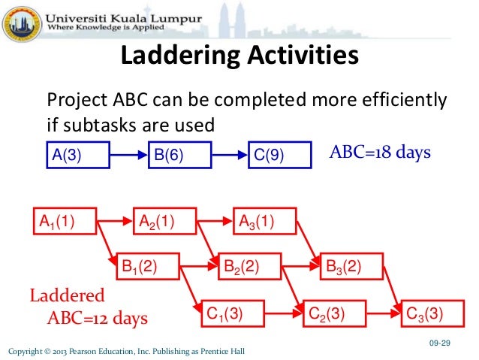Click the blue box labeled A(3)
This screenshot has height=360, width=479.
[x=77, y=156]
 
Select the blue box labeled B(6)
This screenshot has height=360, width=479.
[x=180, y=156]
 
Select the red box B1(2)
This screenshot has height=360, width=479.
[x=148, y=266]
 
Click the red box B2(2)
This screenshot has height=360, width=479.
[x=249, y=266]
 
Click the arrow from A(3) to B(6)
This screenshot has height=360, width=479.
[x=127, y=156]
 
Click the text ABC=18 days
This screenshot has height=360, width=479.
[x=381, y=153]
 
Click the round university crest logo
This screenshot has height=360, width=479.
[x=20, y=22]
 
